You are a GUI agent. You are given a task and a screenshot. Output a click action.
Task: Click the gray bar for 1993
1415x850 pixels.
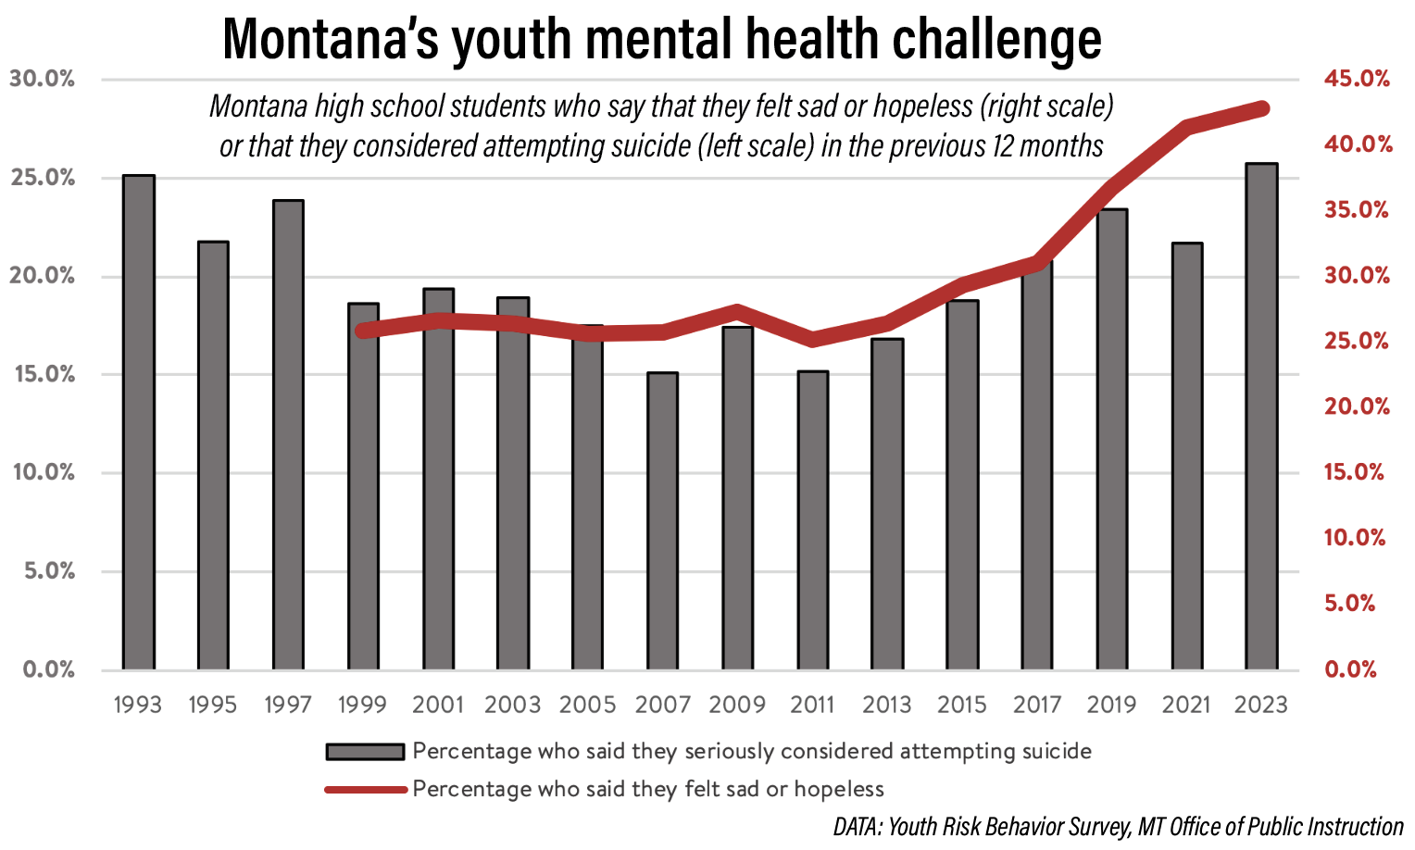point(139,421)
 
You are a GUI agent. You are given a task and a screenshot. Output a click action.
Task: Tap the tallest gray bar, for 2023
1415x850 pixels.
point(1261,417)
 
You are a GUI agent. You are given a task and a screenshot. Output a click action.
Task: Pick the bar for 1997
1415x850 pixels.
point(288,434)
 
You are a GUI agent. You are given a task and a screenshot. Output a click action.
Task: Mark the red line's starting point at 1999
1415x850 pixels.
point(363,330)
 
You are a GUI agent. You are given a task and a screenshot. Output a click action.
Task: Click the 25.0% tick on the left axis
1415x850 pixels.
point(43,178)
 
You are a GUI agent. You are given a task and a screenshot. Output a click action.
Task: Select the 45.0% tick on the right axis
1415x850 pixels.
point(1357,79)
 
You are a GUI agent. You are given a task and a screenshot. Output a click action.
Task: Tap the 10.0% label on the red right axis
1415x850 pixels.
point(1355,537)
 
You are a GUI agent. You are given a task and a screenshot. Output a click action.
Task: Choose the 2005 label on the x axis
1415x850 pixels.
point(587,705)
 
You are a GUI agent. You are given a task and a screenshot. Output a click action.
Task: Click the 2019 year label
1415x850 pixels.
point(1111,705)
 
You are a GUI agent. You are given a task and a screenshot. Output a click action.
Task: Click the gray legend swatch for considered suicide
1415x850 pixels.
point(365,752)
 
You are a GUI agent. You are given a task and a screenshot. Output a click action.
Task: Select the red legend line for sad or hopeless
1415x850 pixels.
point(365,790)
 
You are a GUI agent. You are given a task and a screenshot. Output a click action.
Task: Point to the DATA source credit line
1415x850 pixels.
point(1119,827)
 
